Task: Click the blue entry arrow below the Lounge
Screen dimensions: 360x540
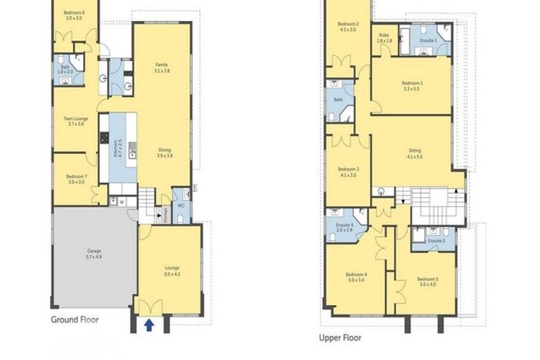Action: [148, 325]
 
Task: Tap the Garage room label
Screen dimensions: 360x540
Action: [94, 255]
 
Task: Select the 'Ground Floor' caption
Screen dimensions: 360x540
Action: [75, 319]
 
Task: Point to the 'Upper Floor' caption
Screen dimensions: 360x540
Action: [340, 337]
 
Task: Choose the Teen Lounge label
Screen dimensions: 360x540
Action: [75, 121]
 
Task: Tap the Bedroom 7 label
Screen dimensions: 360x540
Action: [76, 179]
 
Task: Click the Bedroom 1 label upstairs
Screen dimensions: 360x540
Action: [411, 86]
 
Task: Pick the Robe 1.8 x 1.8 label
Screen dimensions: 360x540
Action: [384, 38]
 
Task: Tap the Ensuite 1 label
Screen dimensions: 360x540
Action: [427, 41]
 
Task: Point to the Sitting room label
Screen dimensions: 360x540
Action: [414, 154]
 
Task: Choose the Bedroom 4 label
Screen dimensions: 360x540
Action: [356, 277]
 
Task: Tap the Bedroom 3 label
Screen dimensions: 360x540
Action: [348, 172]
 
